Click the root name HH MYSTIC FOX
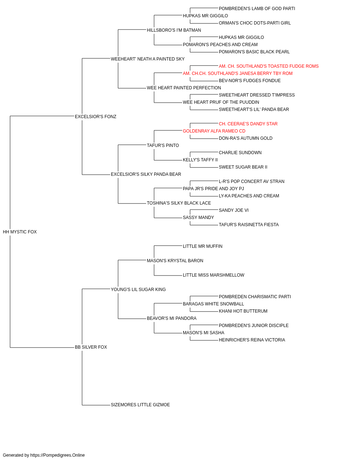[x=20, y=232]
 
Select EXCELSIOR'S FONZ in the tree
[x=95, y=117]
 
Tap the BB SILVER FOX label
[x=91, y=347]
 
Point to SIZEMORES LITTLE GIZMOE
[x=140, y=405]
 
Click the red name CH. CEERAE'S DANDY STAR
[x=248, y=124]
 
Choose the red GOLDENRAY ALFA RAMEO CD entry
[x=214, y=131]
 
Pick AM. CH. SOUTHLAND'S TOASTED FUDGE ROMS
[x=269, y=66]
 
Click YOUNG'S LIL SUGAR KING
[x=138, y=290]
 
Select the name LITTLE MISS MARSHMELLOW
[x=213, y=275]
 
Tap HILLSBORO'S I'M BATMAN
[x=174, y=30]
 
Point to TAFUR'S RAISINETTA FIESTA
[x=249, y=225]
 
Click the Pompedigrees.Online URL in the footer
[x=57, y=455]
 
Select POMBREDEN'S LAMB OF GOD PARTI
[x=257, y=9]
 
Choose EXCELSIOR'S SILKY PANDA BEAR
[x=146, y=174]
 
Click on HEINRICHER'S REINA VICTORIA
[x=252, y=340]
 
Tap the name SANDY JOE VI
[x=234, y=210]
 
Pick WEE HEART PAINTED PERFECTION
[x=184, y=88]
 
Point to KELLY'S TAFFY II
[x=200, y=160]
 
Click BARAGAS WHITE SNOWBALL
[x=213, y=304]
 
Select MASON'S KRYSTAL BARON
[x=175, y=261]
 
